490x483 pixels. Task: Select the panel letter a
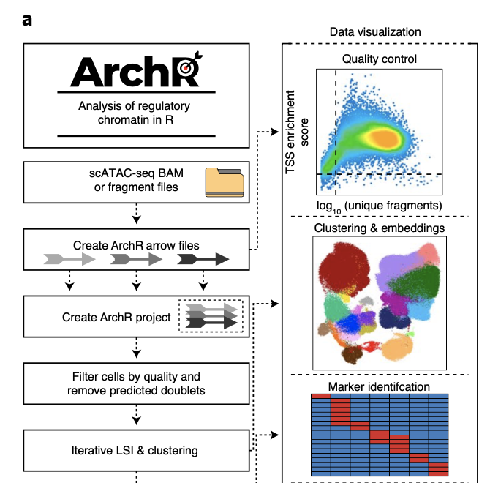click(x=28, y=20)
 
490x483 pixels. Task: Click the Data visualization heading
click(x=375, y=32)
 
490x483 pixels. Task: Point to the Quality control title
click(x=379, y=59)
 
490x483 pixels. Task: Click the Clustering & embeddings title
click(x=378, y=228)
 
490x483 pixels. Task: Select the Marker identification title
click(x=378, y=386)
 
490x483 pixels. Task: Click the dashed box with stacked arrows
click(x=211, y=315)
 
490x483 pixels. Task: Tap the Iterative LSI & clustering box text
click(x=135, y=450)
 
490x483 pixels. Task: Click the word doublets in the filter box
click(x=181, y=390)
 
